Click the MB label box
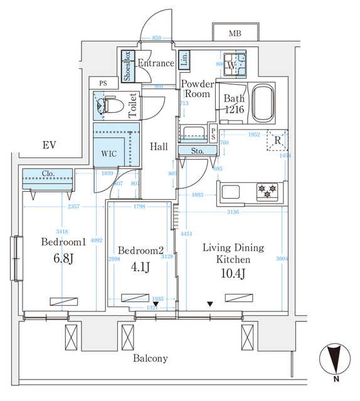[235, 33]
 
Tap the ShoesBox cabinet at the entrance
[127, 66]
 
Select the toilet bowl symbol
[109, 107]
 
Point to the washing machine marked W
[233, 65]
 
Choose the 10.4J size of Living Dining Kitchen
[233, 274]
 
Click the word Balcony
[151, 358]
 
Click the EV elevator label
[50, 145]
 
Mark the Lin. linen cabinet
[184, 60]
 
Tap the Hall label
[159, 147]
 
